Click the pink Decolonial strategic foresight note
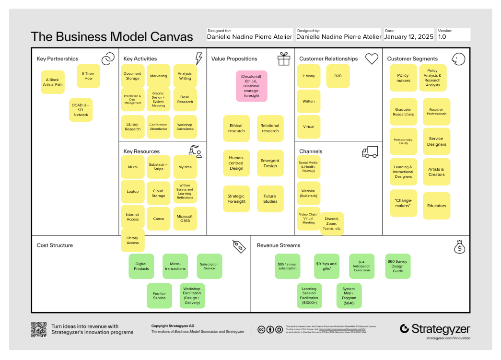251,86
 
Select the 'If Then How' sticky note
88,76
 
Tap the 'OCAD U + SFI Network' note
81,110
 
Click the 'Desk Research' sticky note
185,99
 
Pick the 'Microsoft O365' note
185,219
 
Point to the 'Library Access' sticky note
133,240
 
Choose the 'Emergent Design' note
270,163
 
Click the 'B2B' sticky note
338,76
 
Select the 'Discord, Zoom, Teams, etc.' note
332,223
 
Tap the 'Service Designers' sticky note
436,141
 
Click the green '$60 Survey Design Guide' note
398,266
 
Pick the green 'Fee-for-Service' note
159,295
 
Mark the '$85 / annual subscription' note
287,266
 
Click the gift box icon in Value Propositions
284,58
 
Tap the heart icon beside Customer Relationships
372,58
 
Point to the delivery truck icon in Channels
370,152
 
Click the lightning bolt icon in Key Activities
198,58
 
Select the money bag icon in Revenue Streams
459,246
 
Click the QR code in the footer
38,329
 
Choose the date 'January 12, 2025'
409,37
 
